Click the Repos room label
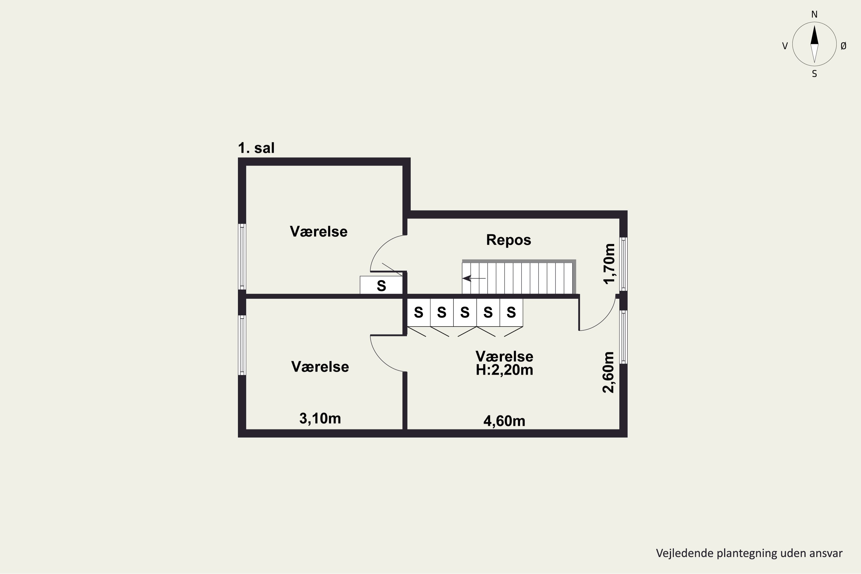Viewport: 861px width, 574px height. (509, 240)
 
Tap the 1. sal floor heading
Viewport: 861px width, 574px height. (256, 148)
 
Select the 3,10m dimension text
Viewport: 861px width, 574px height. (320, 418)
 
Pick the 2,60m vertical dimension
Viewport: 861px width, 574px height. (608, 372)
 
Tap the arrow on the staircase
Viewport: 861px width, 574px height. (474, 278)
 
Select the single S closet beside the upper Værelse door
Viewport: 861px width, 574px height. (381, 286)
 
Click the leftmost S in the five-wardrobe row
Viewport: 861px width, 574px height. (418, 312)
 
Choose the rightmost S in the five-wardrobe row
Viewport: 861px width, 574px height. (511, 312)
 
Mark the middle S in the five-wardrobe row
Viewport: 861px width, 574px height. (465, 312)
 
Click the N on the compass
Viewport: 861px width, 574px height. (814, 14)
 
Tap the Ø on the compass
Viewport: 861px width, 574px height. (843, 46)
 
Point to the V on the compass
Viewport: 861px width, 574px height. (785, 46)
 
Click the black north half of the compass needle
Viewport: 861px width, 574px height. (814, 35)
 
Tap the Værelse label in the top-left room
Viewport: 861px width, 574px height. (319, 231)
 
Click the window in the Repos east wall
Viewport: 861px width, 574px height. (623, 264)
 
